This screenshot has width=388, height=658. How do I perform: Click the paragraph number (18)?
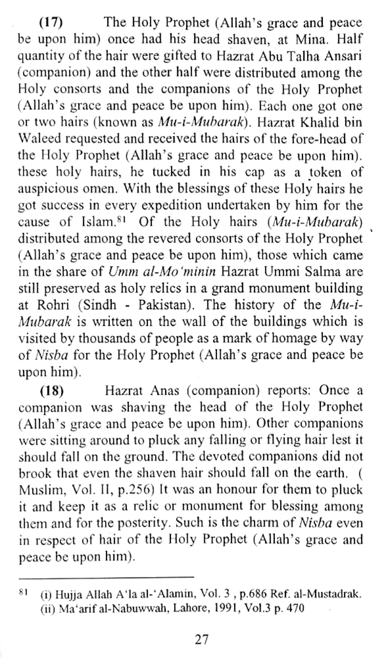tap(52, 390)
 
